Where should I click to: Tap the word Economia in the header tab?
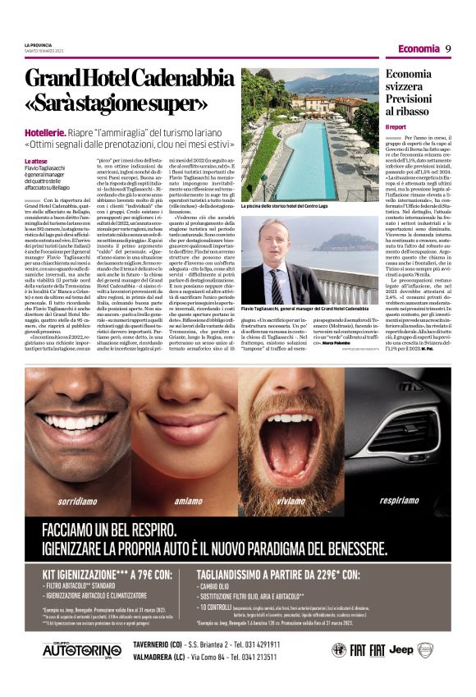point(419,48)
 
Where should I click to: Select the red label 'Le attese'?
point(35,161)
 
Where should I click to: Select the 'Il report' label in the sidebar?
point(396,127)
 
